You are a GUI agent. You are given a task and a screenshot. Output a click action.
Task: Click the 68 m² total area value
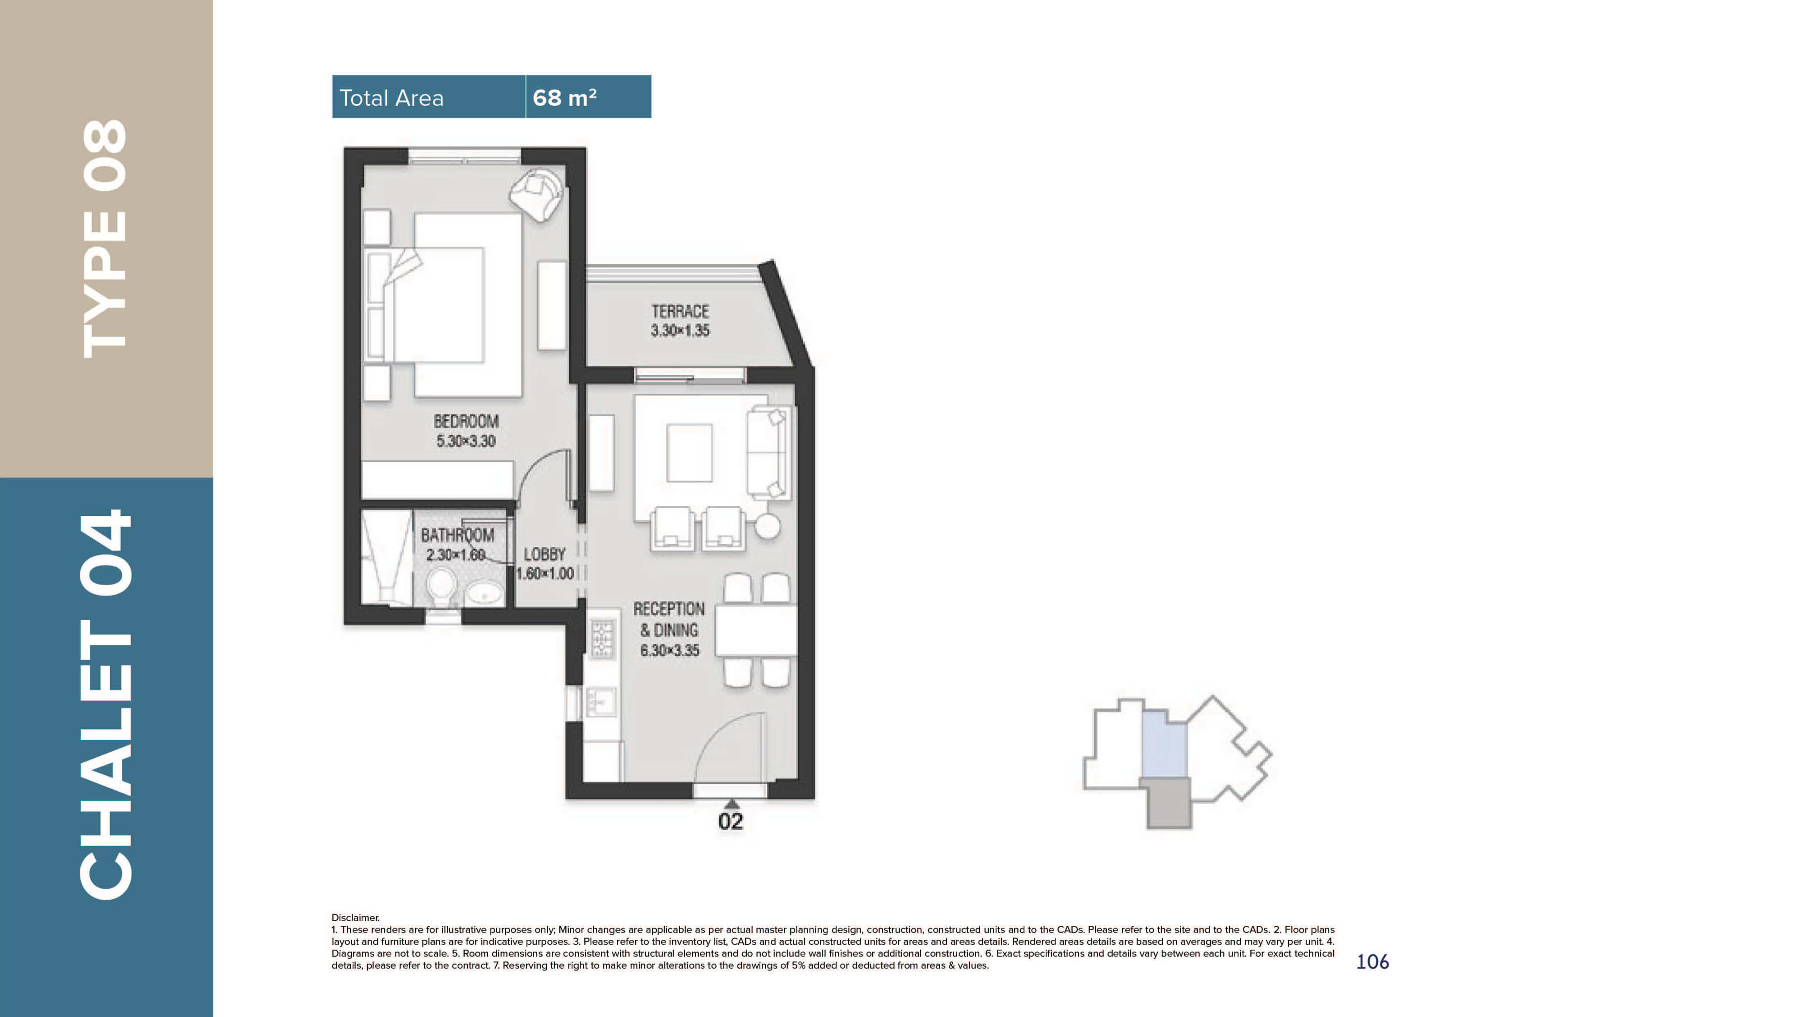[564, 98]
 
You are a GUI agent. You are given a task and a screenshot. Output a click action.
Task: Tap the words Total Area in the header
[391, 98]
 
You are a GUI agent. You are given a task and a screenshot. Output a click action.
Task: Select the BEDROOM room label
[466, 421]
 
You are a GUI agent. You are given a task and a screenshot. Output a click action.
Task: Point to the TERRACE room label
[680, 312]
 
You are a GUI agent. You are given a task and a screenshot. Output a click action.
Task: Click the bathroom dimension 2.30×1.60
[456, 555]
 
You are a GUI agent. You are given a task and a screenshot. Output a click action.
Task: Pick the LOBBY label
[545, 554]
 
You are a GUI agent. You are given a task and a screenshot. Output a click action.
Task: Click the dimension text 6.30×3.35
[670, 651]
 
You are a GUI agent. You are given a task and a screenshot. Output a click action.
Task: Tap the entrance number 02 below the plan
[731, 821]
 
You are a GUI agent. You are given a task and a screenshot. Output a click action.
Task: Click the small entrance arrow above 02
[731, 803]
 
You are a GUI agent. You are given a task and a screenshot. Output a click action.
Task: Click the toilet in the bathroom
[442, 588]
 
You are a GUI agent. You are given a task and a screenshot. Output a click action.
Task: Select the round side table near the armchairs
[768, 526]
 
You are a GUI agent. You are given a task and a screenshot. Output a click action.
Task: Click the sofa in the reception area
[768, 453]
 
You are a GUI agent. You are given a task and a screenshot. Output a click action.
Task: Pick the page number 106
[1372, 961]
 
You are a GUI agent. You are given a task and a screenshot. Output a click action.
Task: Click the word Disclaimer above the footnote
[355, 917]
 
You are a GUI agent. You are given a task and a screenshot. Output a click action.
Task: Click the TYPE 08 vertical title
[105, 238]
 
